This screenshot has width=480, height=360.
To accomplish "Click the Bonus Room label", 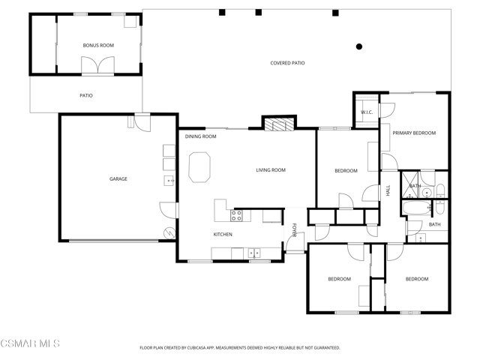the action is [x=98, y=45].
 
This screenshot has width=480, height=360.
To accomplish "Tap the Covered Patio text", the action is [x=287, y=63].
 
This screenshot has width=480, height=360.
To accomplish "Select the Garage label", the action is [x=118, y=178].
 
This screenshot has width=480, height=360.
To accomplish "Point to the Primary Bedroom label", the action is [x=414, y=133].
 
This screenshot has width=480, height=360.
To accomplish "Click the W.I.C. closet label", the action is [x=367, y=112].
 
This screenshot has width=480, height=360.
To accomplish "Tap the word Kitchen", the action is [x=223, y=235].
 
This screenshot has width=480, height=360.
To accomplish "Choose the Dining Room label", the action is [x=200, y=136].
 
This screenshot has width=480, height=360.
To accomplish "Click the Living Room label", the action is [x=271, y=170].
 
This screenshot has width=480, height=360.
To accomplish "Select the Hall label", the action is [x=388, y=190].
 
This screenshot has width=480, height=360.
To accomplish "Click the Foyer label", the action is [x=294, y=230].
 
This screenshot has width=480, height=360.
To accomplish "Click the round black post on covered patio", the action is [x=359, y=46].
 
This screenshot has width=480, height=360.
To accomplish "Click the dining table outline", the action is [x=199, y=167].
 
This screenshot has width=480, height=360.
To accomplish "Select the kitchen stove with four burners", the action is [x=236, y=215].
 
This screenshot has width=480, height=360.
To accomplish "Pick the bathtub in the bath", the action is [x=417, y=208].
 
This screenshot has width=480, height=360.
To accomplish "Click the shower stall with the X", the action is [x=409, y=185].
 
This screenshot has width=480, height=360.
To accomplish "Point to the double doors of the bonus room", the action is [x=98, y=65].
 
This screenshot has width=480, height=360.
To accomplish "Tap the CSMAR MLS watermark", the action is [x=30, y=343].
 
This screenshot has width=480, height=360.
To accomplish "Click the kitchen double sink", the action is [x=254, y=253].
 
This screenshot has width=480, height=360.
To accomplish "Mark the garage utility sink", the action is [x=169, y=181].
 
